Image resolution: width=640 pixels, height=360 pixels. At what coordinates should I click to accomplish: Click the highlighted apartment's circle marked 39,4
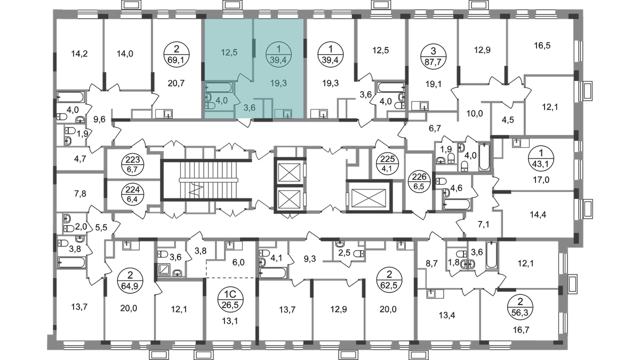pyautogui.click(x=278, y=54)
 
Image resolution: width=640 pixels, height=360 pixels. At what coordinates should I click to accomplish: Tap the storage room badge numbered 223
pyautogui.click(x=133, y=165)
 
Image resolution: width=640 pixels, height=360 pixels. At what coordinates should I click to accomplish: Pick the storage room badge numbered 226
pyautogui.click(x=419, y=181)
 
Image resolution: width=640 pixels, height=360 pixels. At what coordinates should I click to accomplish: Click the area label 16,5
pyautogui.click(x=542, y=45)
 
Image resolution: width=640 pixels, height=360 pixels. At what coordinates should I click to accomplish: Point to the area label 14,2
pyautogui.click(x=79, y=53)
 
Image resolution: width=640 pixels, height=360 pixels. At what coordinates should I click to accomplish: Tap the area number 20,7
pyautogui.click(x=177, y=83)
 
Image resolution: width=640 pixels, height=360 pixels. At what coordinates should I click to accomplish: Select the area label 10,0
pyautogui.click(x=475, y=114)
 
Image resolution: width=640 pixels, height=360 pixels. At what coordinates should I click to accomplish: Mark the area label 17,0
pyautogui.click(x=541, y=180)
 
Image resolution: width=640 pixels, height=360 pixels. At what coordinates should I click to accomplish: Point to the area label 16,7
pyautogui.click(x=521, y=330)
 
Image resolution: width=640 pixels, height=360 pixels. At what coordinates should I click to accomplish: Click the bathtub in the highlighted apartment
pyautogui.click(x=219, y=87)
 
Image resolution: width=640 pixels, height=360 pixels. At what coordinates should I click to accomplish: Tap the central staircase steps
pyautogui.click(x=209, y=180)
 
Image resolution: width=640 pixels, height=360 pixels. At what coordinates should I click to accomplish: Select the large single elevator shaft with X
pyautogui.click(x=369, y=197)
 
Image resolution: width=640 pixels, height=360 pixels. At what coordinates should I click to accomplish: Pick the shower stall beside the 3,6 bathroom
pyautogui.click(x=164, y=270)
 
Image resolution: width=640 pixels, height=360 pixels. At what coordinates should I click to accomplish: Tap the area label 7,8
pyautogui.click(x=80, y=194)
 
